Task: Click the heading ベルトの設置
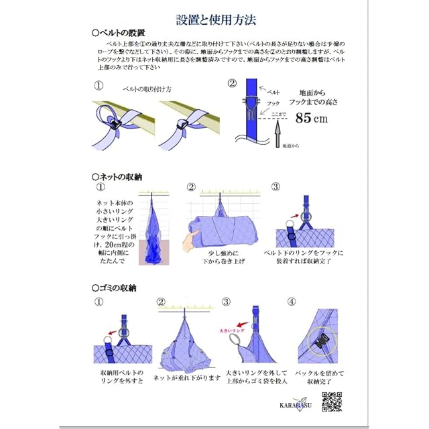click(x=119, y=32)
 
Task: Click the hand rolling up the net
click(x=193, y=239)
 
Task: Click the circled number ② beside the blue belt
click(x=232, y=84)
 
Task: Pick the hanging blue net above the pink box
click(x=156, y=223)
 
